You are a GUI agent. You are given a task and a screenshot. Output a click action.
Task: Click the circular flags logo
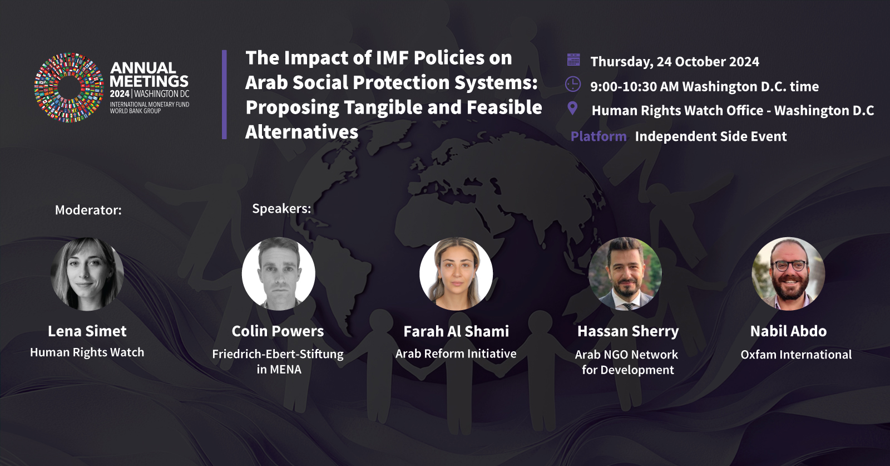tap(69, 87)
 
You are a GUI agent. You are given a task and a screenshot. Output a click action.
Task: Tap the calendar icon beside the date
tap(573, 60)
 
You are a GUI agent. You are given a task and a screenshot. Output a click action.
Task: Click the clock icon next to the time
tap(573, 84)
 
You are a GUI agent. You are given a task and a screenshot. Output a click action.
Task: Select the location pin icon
tap(572, 108)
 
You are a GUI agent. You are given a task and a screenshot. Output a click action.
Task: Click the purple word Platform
tap(599, 136)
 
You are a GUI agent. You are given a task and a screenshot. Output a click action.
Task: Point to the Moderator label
tap(88, 210)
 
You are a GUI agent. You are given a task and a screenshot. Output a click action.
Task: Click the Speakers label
tap(281, 208)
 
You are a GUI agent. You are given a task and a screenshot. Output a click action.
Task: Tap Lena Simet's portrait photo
tap(87, 274)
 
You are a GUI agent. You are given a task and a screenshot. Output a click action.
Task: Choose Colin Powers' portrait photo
tap(279, 273)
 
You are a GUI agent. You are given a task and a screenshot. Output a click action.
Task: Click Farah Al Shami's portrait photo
tap(456, 273)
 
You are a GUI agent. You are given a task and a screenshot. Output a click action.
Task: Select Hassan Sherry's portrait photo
tap(625, 273)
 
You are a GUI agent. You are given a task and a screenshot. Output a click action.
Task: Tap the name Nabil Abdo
tap(788, 331)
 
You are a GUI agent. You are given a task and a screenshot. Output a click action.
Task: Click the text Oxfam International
tap(796, 354)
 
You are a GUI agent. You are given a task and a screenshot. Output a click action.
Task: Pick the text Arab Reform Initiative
tap(456, 354)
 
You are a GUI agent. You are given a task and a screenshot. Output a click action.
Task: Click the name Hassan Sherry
tap(628, 331)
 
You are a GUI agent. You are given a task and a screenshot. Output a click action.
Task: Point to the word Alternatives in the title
tap(301, 132)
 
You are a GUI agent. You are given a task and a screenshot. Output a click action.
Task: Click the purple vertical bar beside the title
tap(225, 95)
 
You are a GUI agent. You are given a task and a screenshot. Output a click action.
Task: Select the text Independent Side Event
tap(711, 136)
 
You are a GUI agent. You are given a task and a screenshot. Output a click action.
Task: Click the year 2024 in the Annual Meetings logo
tap(120, 94)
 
